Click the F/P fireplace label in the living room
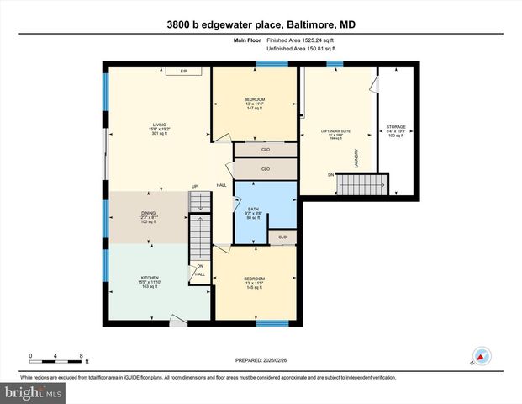(x=182, y=71)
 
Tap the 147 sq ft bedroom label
(x=256, y=104)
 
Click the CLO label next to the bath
(x=282, y=237)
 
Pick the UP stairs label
(x=194, y=186)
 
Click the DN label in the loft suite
(x=330, y=175)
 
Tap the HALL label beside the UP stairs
(x=222, y=185)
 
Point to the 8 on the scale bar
(x=80, y=356)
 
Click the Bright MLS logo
(x=32, y=392)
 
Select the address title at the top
(x=261, y=25)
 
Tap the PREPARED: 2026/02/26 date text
(x=260, y=360)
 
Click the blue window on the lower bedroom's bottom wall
(x=272, y=323)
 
